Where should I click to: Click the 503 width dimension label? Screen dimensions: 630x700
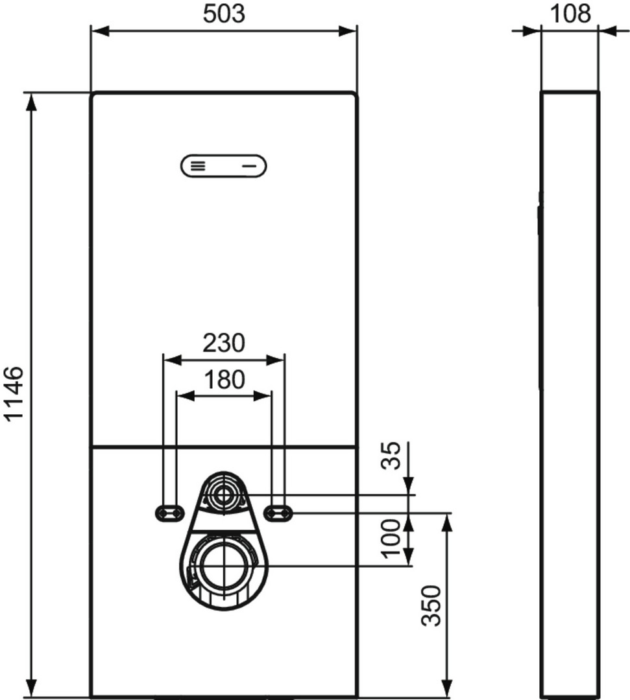[224, 14]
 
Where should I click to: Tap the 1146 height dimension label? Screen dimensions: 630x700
[14, 393]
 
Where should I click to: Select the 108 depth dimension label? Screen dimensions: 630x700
[570, 14]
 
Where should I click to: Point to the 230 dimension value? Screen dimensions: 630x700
[224, 343]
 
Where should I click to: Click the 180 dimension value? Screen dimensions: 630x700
[224, 379]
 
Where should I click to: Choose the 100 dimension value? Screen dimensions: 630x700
[391, 538]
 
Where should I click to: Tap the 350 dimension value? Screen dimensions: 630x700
[431, 605]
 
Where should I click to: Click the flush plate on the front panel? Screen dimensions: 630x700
[223, 166]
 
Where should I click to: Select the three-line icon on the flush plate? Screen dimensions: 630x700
[198, 167]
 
